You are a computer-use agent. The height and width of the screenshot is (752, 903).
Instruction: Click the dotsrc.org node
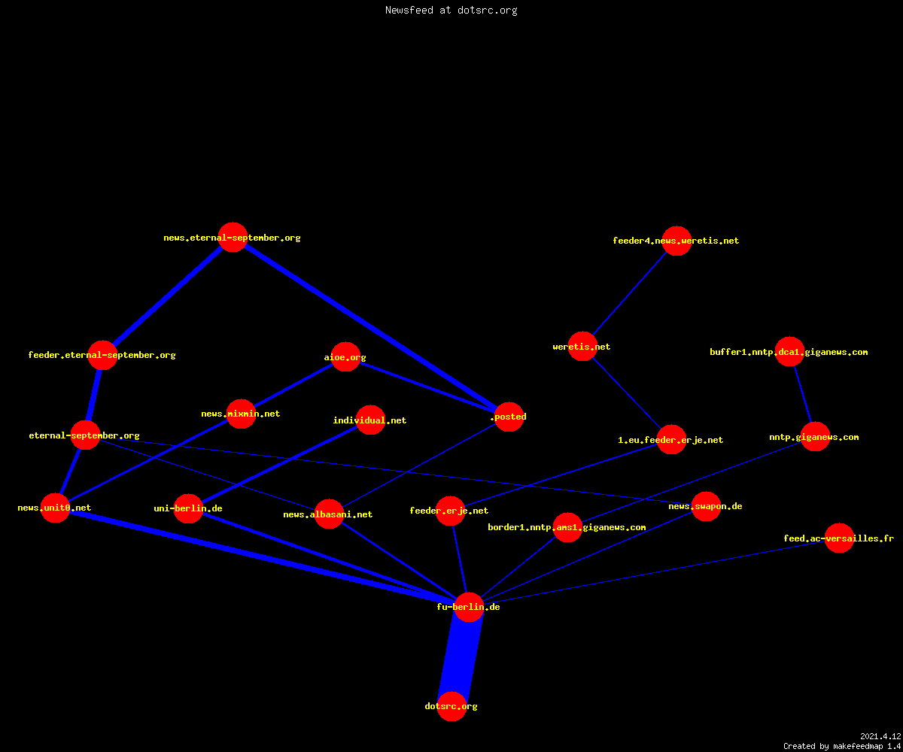click(451, 706)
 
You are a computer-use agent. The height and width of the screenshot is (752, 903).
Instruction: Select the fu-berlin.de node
click(469, 607)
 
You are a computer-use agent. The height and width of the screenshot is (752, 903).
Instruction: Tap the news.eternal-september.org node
click(233, 238)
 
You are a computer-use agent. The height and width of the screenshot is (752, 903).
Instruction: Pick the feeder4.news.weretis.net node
click(676, 241)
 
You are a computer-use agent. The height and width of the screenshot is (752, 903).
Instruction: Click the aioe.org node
click(345, 357)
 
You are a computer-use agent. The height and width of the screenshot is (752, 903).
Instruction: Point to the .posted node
click(509, 417)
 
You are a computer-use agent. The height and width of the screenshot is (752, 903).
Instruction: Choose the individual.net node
click(371, 420)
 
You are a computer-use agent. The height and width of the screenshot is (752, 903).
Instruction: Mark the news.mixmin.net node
click(242, 414)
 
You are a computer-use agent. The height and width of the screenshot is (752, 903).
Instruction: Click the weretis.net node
click(582, 346)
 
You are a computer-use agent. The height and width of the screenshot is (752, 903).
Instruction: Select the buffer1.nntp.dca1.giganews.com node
click(789, 351)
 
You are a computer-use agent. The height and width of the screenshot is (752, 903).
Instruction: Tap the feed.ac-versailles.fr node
click(840, 538)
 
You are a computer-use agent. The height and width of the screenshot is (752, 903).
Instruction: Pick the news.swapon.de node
click(707, 507)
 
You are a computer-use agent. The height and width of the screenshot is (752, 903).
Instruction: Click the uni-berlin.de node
click(189, 508)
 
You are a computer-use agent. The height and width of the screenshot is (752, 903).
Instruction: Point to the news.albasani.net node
click(329, 514)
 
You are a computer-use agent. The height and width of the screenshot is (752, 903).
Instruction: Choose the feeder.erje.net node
click(450, 511)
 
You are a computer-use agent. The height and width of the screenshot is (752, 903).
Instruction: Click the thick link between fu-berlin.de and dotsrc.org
click(460, 657)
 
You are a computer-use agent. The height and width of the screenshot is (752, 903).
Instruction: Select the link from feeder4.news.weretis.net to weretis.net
click(630, 293)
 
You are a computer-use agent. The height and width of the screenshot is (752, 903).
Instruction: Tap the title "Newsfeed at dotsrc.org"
click(451, 10)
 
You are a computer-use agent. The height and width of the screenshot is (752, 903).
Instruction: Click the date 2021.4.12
click(880, 736)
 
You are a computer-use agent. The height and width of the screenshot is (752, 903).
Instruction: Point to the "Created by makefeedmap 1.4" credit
click(842, 747)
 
